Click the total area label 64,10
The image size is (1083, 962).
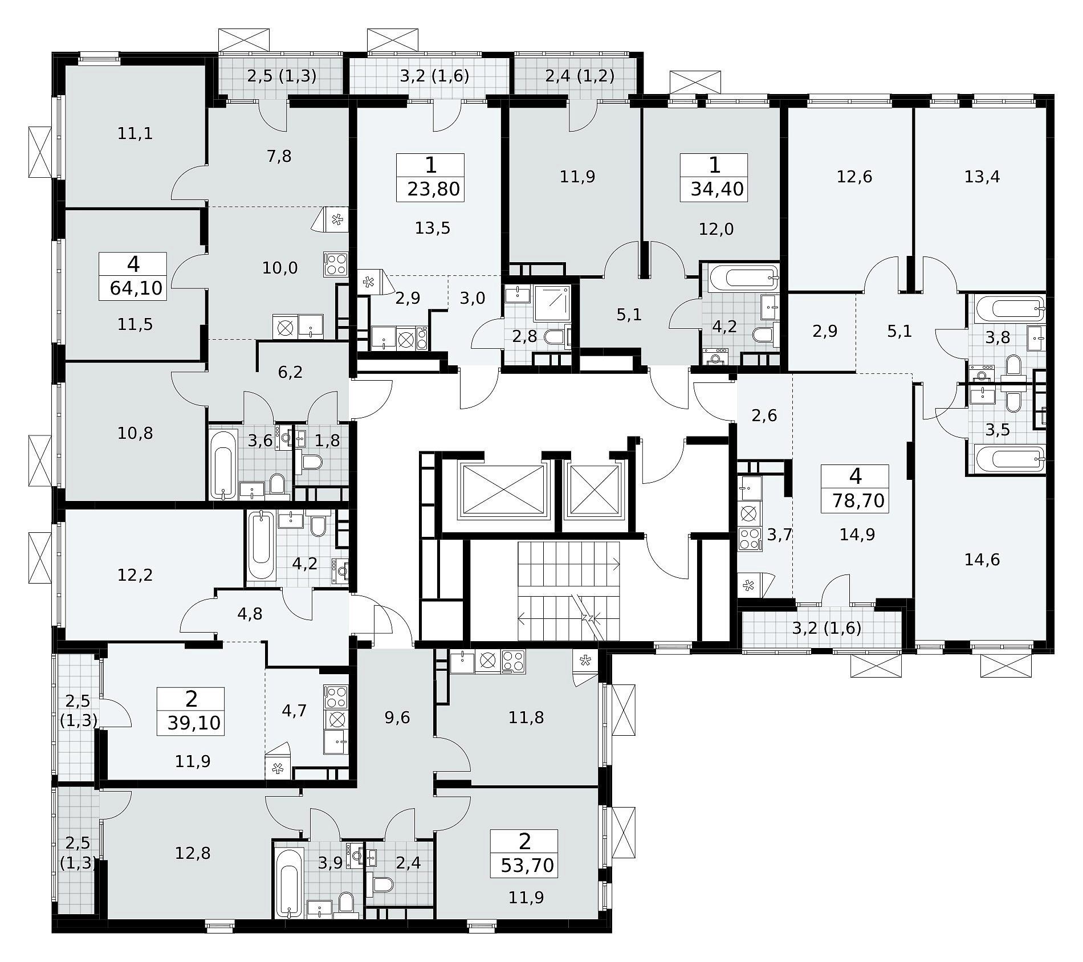tap(136, 288)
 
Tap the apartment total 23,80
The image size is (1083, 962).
tap(434, 188)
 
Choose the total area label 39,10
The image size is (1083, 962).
tap(194, 723)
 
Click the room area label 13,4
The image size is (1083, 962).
tap(982, 177)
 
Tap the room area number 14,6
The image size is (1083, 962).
tap(982, 560)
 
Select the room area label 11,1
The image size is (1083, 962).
tap(135, 133)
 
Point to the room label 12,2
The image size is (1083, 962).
tap(135, 575)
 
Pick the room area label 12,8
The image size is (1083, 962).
tap(193, 853)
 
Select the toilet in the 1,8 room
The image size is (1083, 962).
tap(312, 460)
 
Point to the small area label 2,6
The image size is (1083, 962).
tap(764, 415)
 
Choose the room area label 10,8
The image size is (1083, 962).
tap(135, 433)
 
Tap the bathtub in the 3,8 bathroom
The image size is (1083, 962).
tap(1009, 309)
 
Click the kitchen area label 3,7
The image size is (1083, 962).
tap(780, 535)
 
